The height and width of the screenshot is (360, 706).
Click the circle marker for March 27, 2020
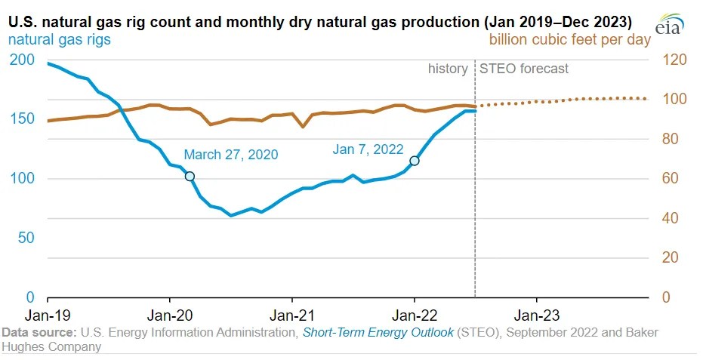pos(190,176)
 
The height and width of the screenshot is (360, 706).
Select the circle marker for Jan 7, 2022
pos(414,161)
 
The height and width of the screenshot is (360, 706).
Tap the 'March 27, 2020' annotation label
pos(231,155)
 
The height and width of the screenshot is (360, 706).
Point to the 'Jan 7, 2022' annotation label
pos(368,149)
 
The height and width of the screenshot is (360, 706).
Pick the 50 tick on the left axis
pos(27,238)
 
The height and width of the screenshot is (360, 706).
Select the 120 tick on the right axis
pos(674,60)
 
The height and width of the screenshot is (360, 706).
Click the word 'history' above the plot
pos(448,69)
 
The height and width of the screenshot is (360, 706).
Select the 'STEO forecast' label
pos(524,69)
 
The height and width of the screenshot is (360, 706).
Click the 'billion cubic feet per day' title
pos(569,39)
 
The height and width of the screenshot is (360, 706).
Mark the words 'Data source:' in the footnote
pos(39,333)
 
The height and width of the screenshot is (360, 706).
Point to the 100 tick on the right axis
pos(674,100)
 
